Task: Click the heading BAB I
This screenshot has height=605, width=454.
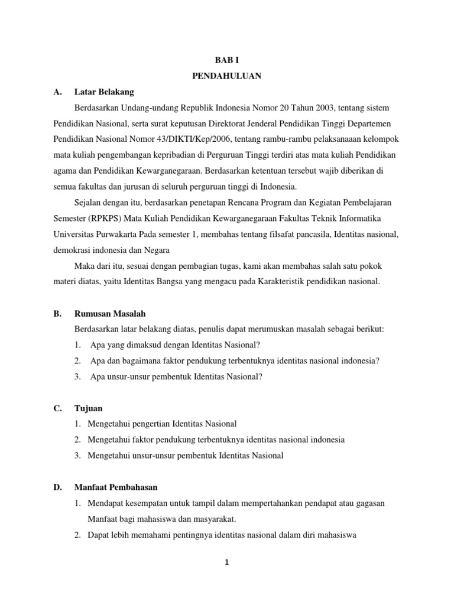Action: pos(227,60)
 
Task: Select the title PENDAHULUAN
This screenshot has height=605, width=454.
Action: pos(227,76)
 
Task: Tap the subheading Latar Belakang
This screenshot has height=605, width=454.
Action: pos(104,92)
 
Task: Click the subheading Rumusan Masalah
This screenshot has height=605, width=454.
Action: pos(110,314)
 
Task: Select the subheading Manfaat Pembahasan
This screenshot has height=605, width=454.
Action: pos(116,487)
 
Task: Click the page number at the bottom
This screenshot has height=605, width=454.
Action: pos(226,562)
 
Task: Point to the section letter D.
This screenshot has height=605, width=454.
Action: pos(57,487)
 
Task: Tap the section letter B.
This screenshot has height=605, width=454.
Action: pos(57,314)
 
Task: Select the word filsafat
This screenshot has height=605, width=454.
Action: pos(273,235)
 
